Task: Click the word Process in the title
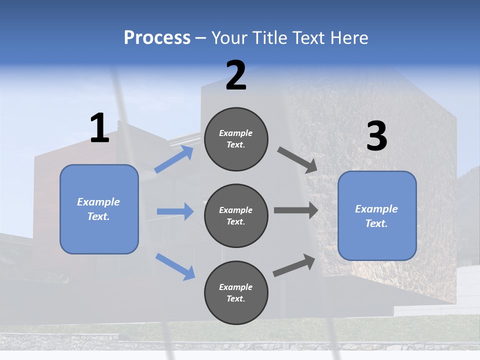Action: (157, 38)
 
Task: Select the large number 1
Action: (99, 128)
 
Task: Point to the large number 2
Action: (235, 75)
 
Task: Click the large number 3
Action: (376, 136)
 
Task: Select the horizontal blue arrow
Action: (175, 211)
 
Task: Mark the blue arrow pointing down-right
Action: (175, 266)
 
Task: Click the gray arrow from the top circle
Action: (297, 160)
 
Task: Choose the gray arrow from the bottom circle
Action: (294, 265)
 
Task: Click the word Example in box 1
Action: (98, 202)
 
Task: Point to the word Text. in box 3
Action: (376, 223)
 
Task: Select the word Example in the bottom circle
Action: (236, 287)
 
